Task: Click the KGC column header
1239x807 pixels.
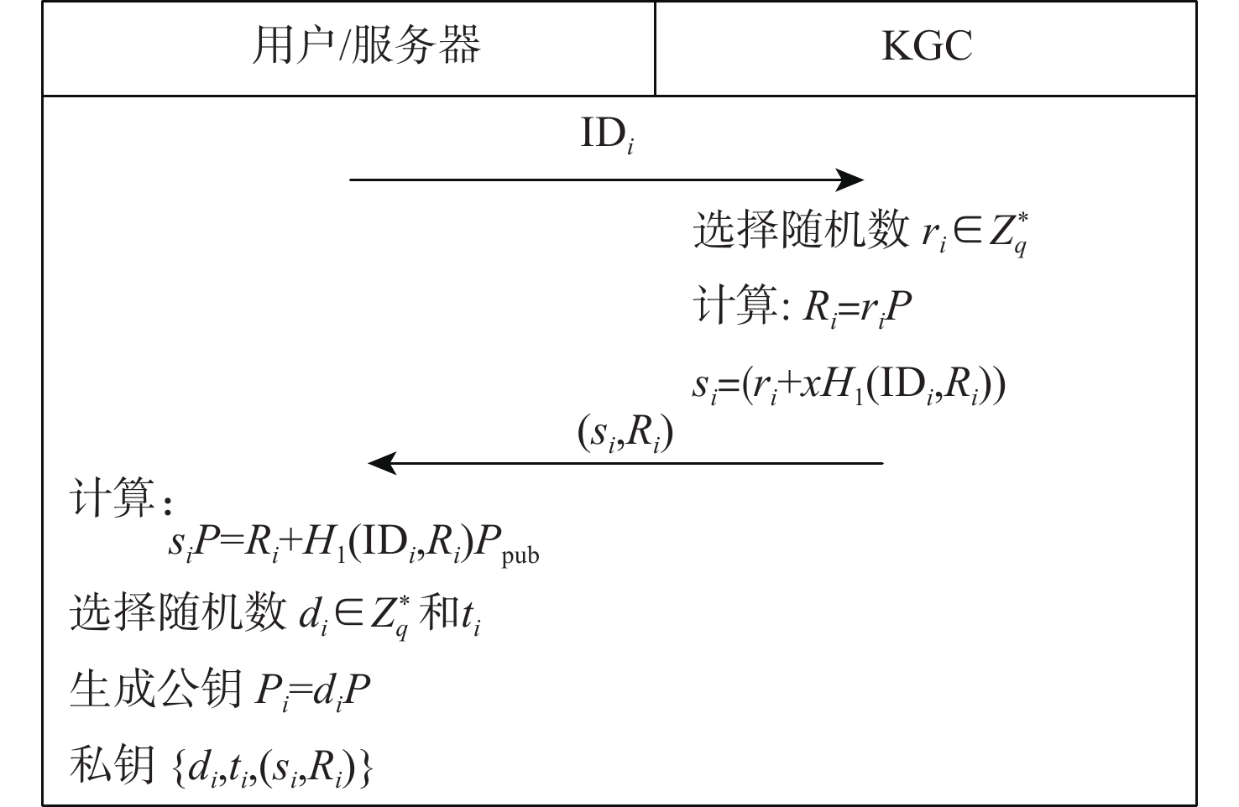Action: point(927,45)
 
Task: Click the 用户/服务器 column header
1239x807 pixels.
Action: point(366,45)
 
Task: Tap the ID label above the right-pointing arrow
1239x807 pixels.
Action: point(607,134)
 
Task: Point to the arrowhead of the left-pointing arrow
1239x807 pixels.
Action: point(383,463)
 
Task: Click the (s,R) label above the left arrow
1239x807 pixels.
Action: point(625,434)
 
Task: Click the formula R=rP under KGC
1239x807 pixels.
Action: point(857,309)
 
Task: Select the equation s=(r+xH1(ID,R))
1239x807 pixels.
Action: point(849,386)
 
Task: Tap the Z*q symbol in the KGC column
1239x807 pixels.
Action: point(1008,233)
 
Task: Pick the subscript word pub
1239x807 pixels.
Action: point(520,555)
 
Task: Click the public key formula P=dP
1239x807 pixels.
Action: point(312,691)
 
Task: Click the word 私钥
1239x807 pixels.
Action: point(112,766)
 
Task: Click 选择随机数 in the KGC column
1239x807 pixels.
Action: point(801,229)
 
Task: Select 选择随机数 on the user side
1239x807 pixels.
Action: point(178,612)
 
